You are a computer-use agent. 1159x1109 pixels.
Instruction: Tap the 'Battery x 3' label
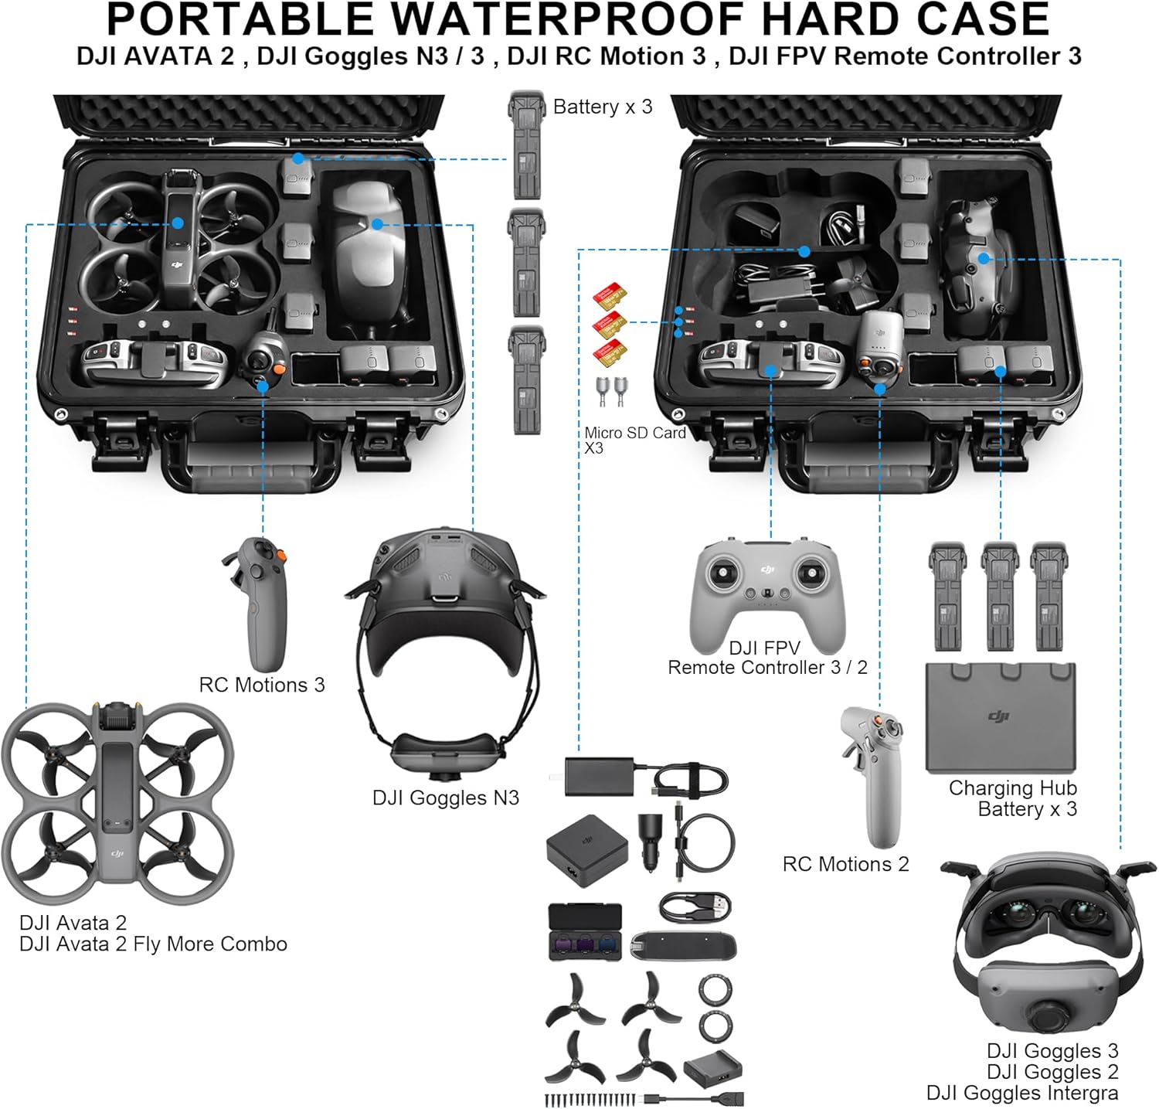(x=603, y=107)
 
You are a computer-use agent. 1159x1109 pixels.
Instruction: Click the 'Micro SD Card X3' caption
(x=634, y=440)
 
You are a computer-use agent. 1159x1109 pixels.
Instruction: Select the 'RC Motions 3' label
(x=262, y=685)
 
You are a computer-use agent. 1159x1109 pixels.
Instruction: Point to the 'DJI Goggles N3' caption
(x=445, y=798)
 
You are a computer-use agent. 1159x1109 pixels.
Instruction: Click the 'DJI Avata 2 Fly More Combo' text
(x=153, y=944)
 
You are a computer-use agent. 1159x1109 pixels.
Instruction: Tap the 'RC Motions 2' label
(x=845, y=864)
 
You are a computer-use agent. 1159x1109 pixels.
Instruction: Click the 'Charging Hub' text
(x=1012, y=788)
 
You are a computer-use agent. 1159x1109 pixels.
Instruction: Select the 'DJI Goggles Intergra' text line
(x=1021, y=1093)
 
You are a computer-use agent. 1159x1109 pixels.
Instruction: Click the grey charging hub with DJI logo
(x=1001, y=717)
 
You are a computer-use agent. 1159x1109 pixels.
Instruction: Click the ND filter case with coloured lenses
(x=585, y=931)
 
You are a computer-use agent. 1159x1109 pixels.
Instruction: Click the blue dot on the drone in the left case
(x=178, y=223)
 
